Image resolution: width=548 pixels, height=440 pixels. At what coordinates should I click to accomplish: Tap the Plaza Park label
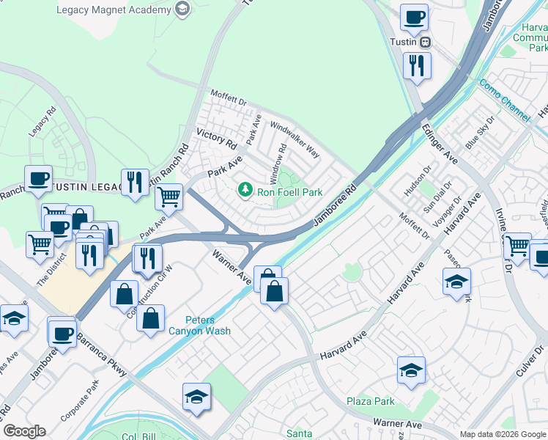coord(371,401)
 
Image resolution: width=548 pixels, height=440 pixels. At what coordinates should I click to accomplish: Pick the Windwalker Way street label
coord(295,139)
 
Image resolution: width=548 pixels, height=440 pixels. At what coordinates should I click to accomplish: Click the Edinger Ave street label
coord(440,144)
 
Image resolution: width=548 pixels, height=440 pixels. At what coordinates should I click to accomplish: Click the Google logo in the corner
coord(24,431)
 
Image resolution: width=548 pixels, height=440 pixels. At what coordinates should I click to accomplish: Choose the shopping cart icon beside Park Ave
coord(169,196)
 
